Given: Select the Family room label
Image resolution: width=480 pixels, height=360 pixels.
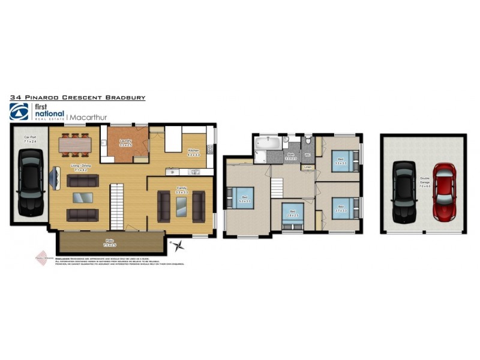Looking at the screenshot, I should click(181, 189).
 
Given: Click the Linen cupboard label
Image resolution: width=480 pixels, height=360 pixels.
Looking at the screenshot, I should click(307, 167).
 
